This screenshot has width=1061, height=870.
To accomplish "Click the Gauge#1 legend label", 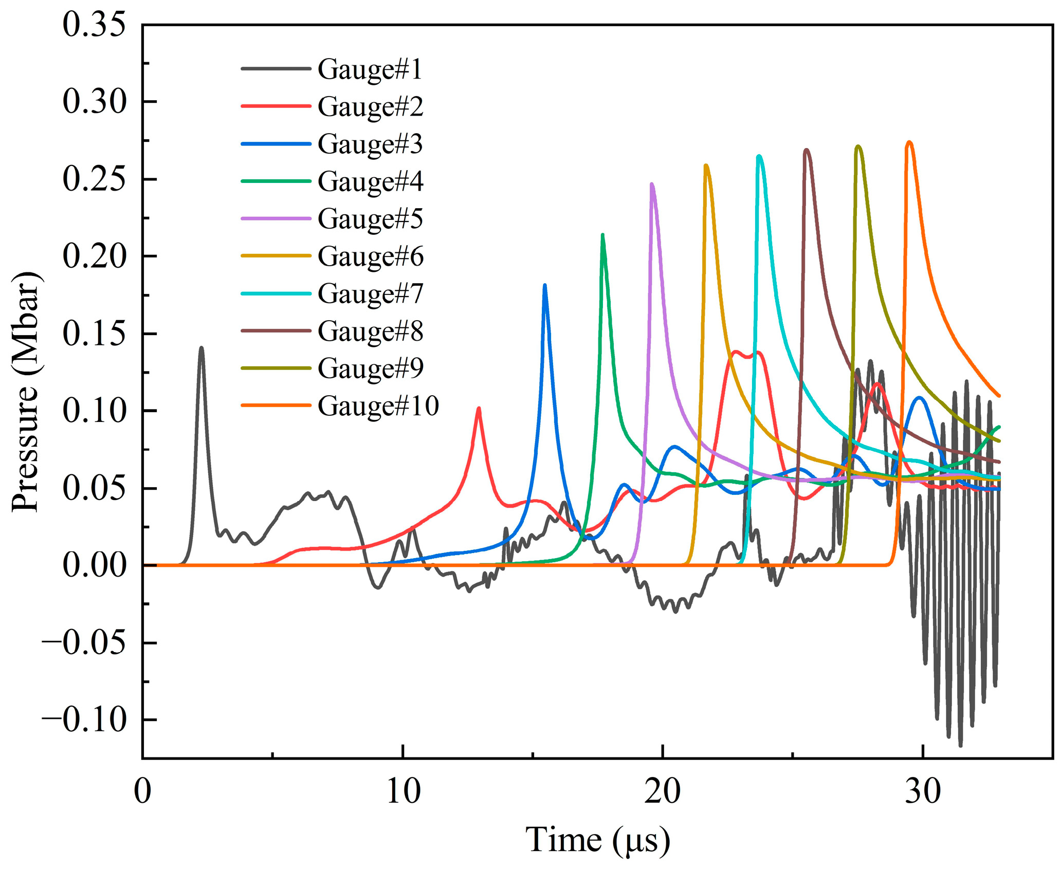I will [x=370, y=69].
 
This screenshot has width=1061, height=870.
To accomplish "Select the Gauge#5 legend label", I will [x=370, y=219].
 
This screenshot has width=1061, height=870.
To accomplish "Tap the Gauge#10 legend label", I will [x=378, y=406].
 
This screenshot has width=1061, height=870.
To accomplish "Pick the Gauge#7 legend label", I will [x=370, y=294].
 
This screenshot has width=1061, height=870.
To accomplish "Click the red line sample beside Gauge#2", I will [x=276, y=106].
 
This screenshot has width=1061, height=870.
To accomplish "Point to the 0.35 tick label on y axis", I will [x=94, y=25].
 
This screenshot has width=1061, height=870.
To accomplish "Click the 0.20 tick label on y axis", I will [x=94, y=256].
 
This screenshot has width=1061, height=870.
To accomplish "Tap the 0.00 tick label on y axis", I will [x=94, y=565].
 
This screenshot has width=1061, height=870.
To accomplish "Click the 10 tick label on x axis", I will [x=403, y=792].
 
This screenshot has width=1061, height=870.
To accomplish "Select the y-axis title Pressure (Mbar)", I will [x=26, y=392].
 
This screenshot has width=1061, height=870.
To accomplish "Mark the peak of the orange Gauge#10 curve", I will [x=909, y=142].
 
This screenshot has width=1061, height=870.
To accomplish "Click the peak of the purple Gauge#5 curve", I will [x=652, y=184].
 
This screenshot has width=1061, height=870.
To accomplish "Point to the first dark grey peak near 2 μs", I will [x=202, y=348].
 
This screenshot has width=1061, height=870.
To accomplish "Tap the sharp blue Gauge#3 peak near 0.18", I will [x=545, y=285].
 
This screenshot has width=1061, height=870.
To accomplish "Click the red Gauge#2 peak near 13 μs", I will [x=479, y=409].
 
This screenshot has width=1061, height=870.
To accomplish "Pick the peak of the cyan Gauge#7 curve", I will [x=759, y=156].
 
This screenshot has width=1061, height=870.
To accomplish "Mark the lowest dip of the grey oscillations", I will [x=960, y=746].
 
